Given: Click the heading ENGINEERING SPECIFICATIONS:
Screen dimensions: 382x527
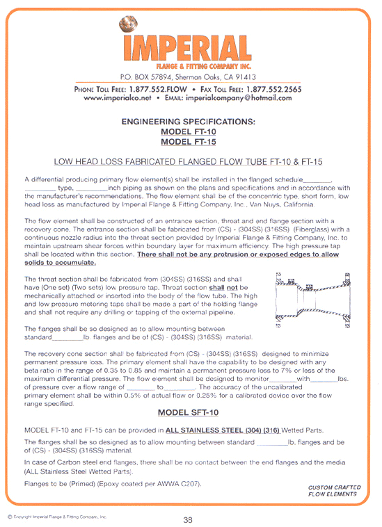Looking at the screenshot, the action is (188, 122).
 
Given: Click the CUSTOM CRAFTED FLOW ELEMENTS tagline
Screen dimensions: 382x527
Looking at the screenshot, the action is (333, 491).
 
